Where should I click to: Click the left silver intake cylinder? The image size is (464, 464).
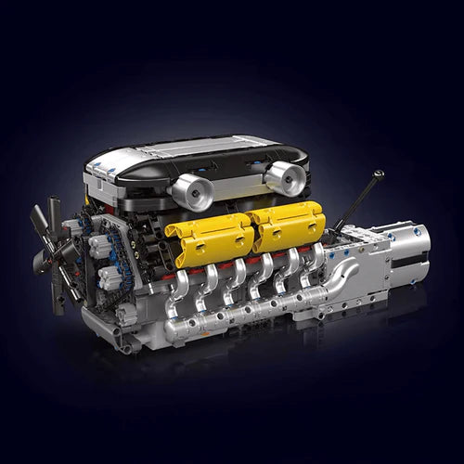[x=192, y=190]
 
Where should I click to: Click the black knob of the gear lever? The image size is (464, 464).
[x=378, y=174]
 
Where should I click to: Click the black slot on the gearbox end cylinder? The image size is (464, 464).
[x=412, y=263]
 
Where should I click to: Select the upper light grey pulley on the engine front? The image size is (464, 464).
[x=100, y=247]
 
